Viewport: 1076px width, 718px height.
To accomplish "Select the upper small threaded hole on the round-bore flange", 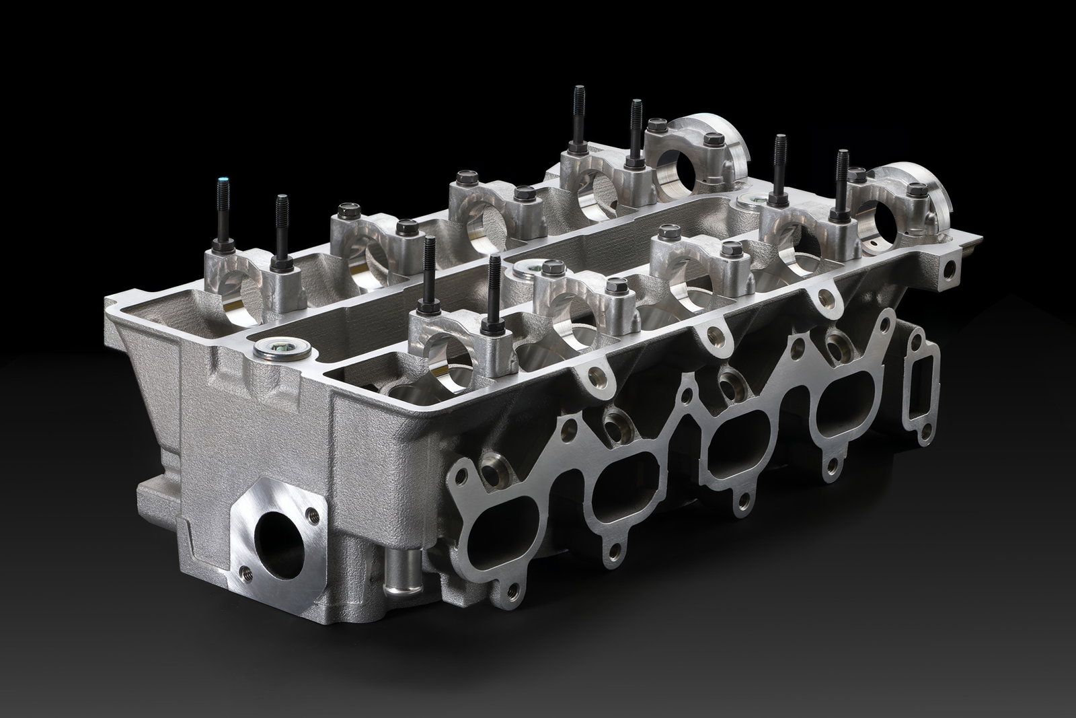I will point(311,514).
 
